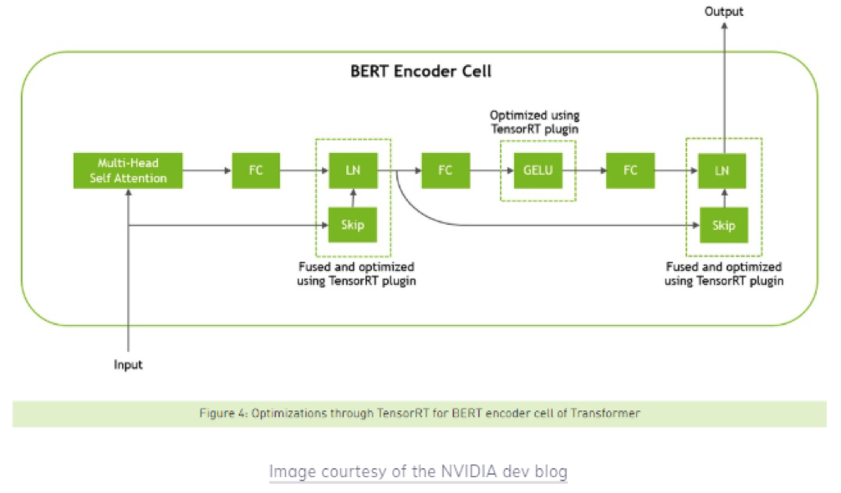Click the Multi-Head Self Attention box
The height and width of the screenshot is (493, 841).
point(128,170)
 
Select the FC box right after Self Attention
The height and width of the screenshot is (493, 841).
point(256,170)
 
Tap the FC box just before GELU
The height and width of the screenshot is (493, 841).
point(446,170)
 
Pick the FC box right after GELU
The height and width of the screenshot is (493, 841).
point(630,170)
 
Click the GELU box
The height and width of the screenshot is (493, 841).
point(538,170)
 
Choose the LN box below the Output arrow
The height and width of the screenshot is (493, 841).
point(722,171)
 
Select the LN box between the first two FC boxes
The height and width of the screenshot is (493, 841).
point(353,170)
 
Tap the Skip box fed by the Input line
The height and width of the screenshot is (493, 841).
point(353,225)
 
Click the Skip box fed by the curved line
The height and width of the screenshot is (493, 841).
point(724,225)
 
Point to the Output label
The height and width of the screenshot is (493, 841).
point(723,11)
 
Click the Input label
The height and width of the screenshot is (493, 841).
point(128,364)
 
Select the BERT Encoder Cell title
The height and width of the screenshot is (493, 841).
point(420,71)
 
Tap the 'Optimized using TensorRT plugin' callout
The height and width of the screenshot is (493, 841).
point(535,122)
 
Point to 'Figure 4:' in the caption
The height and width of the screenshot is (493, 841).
point(223,413)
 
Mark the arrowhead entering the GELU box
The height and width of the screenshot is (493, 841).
point(510,170)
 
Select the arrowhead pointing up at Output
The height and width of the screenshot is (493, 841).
point(724,26)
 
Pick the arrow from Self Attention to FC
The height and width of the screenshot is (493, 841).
point(207,170)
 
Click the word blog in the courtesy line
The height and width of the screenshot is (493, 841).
point(551,471)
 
